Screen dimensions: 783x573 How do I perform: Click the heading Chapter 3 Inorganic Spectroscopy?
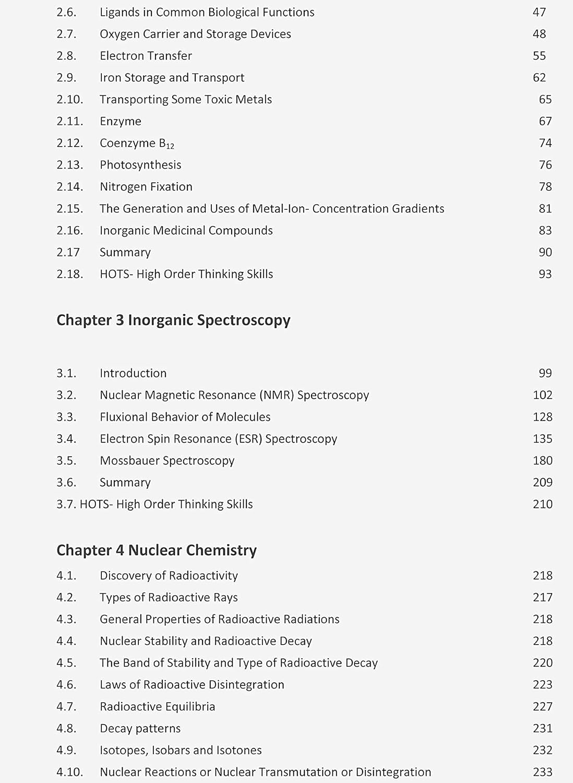173,320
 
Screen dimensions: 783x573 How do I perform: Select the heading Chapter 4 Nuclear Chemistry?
157,550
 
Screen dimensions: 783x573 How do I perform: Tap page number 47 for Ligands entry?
539,12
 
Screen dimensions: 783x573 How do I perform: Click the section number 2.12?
69,143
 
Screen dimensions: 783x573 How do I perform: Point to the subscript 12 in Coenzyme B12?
170,147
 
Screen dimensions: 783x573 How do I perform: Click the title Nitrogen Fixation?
146,187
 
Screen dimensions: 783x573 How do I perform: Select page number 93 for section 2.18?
545,274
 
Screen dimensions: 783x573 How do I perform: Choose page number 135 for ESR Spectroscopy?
542,439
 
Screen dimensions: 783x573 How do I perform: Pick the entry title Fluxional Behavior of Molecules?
185,417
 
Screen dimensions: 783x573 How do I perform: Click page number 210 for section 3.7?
542,504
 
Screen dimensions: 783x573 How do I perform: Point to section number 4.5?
66,663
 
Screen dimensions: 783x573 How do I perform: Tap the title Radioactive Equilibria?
158,707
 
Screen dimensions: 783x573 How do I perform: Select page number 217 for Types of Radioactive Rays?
542,597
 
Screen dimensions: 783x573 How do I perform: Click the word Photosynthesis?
140,165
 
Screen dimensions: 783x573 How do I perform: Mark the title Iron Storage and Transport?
172,78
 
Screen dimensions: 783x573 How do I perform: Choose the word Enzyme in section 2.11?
121,122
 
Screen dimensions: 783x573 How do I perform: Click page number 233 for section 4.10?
542,772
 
